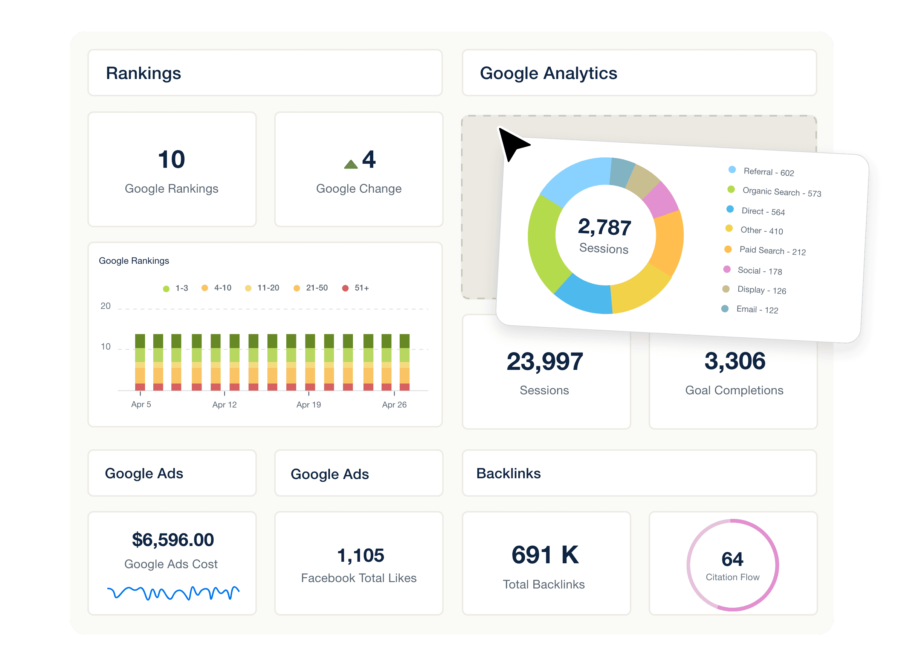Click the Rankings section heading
143,73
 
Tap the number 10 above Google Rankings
171,159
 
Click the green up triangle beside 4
351,164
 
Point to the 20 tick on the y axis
105,306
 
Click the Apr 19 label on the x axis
308,404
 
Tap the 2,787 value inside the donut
604,227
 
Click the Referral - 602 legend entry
763,172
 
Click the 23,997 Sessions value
545,361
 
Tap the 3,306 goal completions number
734,361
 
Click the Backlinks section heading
508,473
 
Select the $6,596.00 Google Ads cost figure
173,540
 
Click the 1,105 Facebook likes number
360,555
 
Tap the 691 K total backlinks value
545,555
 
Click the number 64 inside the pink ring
732,559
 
